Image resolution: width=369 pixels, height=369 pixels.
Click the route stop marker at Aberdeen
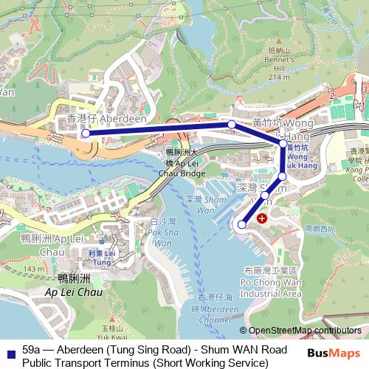[86, 134]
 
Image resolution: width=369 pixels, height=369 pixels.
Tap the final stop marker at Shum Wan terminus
[243, 224]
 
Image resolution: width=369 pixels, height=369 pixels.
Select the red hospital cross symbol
[261, 219]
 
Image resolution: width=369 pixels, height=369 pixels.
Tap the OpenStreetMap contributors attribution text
[304, 330]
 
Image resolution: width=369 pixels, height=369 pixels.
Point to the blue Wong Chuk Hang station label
[296, 157]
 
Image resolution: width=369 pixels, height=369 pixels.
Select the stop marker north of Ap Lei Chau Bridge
[232, 125]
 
